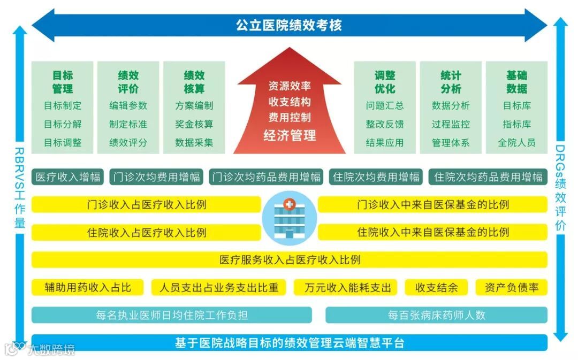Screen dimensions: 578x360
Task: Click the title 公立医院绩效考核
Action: pyautogui.click(x=289, y=25)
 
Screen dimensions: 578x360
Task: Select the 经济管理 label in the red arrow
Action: pyautogui.click(x=290, y=135)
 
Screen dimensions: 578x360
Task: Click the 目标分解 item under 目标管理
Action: pyautogui.click(x=63, y=124)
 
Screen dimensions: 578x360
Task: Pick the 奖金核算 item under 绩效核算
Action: pyautogui.click(x=194, y=124)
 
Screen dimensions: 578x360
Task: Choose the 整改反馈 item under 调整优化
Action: pyautogui.click(x=385, y=124)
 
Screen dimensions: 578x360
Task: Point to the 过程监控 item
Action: pyautogui.click(x=451, y=124)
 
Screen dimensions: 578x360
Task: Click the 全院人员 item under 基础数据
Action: pyautogui.click(x=516, y=143)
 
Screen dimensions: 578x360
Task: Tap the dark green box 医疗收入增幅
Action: pyautogui.click(x=68, y=177)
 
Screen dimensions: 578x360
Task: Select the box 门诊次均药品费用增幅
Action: pyautogui.click(x=266, y=177)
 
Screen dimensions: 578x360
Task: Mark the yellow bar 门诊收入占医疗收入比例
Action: pyautogui.click(x=146, y=204)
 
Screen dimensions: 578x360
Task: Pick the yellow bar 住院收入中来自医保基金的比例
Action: pyautogui.click(x=432, y=232)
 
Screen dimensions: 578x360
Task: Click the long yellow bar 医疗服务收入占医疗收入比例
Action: pyautogui.click(x=290, y=260)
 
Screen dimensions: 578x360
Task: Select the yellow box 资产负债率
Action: pyautogui.click(x=512, y=287)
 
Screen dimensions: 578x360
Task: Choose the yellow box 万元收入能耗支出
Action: pyautogui.click(x=348, y=287)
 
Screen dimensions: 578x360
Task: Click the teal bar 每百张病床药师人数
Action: pyautogui.click(x=436, y=315)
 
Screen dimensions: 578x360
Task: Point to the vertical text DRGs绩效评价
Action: pyautogui.click(x=560, y=187)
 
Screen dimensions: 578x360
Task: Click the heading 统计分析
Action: pyautogui.click(x=451, y=82)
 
